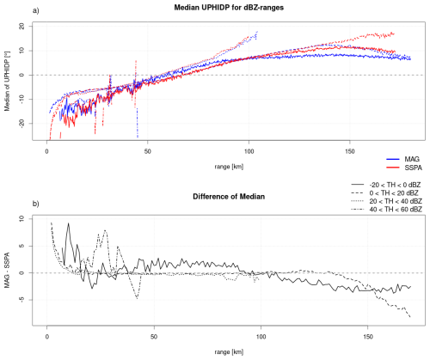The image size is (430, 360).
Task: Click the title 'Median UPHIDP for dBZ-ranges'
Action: (x=229, y=8)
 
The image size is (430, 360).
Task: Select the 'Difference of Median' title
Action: (x=229, y=197)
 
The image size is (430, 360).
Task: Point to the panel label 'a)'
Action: (x=36, y=11)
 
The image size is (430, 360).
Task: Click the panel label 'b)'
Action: (x=36, y=204)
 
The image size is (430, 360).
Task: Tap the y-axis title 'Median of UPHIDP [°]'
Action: (x=7, y=82)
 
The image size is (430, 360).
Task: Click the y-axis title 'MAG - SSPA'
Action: (x=7, y=270)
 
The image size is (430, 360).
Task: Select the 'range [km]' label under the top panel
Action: (x=229, y=167)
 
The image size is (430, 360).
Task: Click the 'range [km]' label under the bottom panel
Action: (x=229, y=352)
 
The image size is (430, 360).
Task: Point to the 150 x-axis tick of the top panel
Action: (x=350, y=151)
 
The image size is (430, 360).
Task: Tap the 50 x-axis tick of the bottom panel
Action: (x=154, y=337)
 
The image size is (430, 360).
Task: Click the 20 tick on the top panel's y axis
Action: (x=22, y=27)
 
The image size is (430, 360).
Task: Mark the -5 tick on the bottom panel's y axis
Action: (x=22, y=300)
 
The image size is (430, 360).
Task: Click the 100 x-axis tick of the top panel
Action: (x=249, y=151)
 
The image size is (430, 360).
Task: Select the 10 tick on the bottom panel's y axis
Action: (x=22, y=218)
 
